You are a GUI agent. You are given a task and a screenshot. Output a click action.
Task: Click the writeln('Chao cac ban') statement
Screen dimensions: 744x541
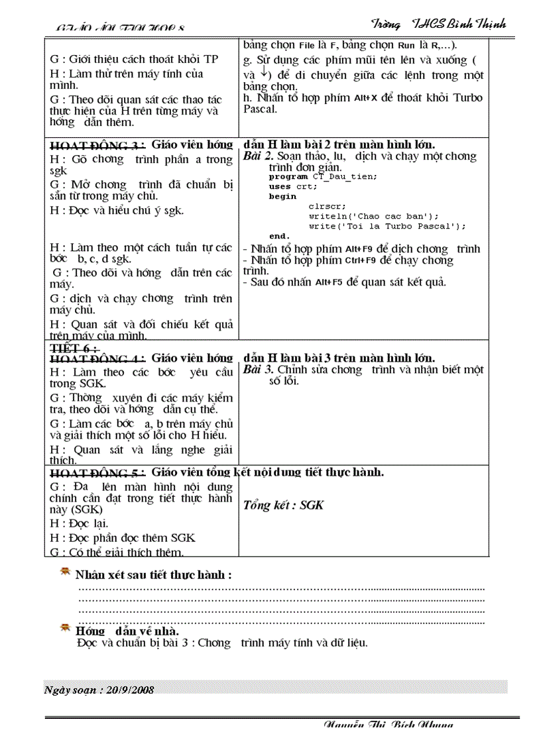coord(373,216)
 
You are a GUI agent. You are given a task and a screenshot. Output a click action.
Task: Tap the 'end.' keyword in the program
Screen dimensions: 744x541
coord(279,236)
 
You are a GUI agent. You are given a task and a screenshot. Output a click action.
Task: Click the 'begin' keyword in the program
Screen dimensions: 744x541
coord(282,197)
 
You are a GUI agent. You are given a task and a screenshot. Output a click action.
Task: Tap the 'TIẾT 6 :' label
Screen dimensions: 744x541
coord(74,348)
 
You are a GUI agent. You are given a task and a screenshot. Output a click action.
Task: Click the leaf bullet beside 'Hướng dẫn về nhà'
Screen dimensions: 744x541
coord(65,627)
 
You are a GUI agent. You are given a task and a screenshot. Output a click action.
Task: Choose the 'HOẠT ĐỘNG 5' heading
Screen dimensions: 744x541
coord(97,474)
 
